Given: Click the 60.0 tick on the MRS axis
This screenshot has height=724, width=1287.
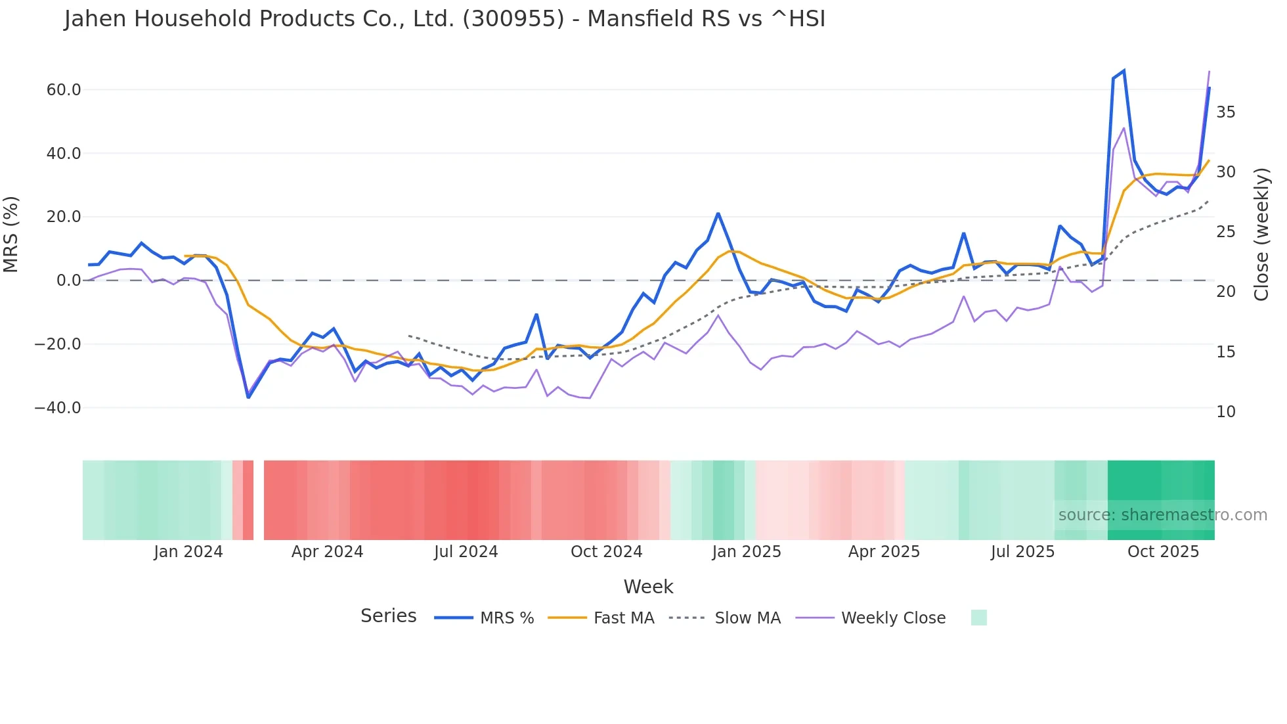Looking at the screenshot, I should pyautogui.click(x=63, y=90).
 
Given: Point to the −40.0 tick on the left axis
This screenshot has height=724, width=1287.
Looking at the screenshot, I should pyautogui.click(x=58, y=408).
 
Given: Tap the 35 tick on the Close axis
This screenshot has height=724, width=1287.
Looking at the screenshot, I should pyautogui.click(x=1225, y=112).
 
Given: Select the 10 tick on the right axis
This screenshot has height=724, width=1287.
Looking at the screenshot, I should pyautogui.click(x=1225, y=412).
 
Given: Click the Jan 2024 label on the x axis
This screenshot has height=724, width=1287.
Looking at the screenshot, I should pyautogui.click(x=188, y=552).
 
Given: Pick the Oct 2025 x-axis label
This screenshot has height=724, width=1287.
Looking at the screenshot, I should pyautogui.click(x=1163, y=552).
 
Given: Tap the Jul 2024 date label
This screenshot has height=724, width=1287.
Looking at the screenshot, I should pyautogui.click(x=466, y=552).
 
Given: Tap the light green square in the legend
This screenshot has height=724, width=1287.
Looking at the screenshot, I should pyautogui.click(x=978, y=618).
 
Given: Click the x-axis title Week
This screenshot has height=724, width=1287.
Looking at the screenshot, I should pyautogui.click(x=648, y=587).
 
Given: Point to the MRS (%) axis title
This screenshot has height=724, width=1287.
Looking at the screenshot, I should pyautogui.click(x=11, y=234).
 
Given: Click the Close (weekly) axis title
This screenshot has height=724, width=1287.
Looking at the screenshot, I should pyautogui.click(x=1261, y=234).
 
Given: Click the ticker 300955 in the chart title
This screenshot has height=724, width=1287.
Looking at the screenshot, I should pyautogui.click(x=513, y=19).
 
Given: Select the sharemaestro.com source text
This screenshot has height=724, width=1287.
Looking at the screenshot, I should pyautogui.click(x=1162, y=515).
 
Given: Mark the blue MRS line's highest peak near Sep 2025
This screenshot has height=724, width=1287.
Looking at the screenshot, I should pyautogui.click(x=1123, y=71).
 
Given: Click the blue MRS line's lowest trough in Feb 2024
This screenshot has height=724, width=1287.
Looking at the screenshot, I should pyautogui.click(x=248, y=397).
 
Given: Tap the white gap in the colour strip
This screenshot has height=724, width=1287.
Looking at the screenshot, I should pyautogui.click(x=259, y=500).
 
